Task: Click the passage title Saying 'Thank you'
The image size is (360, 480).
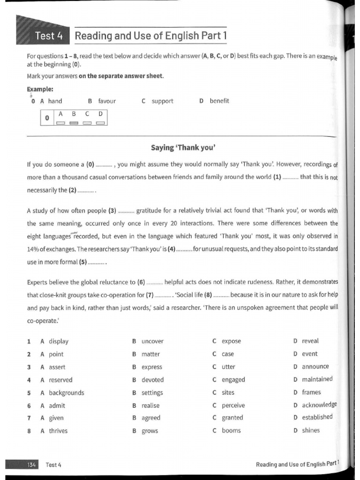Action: [x=183, y=148]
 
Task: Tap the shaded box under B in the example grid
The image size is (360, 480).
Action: [x=74, y=123]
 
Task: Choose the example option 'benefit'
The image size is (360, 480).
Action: [x=219, y=101]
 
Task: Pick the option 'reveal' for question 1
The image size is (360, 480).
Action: [x=310, y=341]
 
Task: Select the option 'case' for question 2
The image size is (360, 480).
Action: [x=228, y=354]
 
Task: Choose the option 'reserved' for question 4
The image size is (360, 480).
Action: [x=60, y=380]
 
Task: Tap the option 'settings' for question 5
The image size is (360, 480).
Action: [x=152, y=392]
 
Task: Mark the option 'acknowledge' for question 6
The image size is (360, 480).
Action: [x=319, y=405]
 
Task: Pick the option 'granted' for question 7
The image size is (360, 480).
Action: [x=232, y=418]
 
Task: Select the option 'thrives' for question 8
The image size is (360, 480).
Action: [x=58, y=431]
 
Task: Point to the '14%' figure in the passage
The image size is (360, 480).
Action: [x=33, y=249]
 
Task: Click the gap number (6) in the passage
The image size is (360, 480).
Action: [x=141, y=282]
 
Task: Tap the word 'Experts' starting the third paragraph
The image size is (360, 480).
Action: [x=38, y=282]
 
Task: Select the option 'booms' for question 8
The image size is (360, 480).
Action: [x=231, y=430]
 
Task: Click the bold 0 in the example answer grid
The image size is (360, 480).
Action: [x=47, y=118]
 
